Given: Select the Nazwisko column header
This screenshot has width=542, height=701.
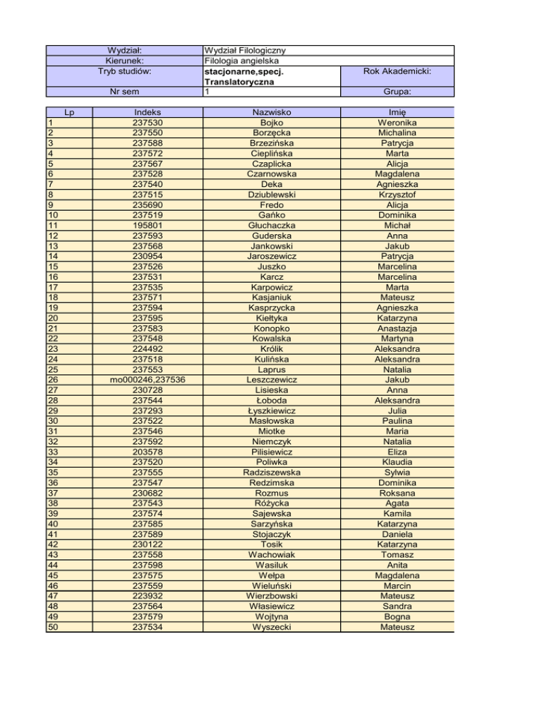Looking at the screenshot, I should click(272, 112).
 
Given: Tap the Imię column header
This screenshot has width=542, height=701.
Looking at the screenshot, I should click(397, 112).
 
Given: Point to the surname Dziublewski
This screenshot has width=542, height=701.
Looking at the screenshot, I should click(272, 194).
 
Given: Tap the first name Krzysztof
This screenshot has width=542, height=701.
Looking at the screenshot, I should click(397, 194).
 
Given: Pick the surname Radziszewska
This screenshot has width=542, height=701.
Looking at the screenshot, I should click(272, 472).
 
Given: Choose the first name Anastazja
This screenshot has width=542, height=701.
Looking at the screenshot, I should click(397, 328).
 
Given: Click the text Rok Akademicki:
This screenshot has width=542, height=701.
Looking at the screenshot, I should click(397, 71).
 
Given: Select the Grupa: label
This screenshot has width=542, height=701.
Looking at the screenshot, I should click(397, 92).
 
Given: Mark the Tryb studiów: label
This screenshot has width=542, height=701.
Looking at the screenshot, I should click(124, 71).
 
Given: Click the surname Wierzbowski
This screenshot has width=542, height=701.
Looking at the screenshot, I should click(272, 595).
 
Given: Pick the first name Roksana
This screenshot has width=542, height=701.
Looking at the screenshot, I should click(397, 492).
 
